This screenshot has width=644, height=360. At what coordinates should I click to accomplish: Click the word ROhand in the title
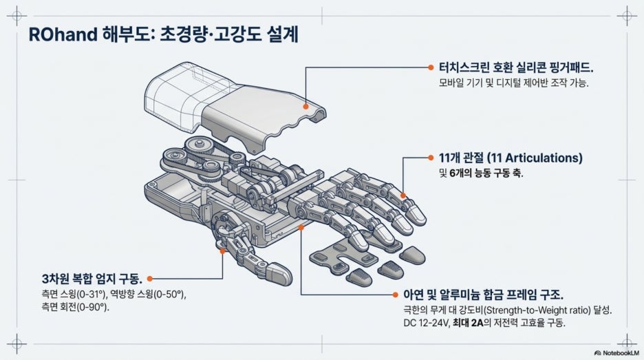pos(63,34)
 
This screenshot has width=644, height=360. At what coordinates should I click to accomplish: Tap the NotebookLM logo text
pos(620,352)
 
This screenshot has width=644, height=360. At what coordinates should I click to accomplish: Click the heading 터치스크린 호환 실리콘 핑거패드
pos(516,67)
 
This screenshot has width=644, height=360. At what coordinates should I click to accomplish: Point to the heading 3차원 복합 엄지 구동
pos(92,279)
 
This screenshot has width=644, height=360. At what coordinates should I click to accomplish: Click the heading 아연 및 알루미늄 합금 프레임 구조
pos(483,294)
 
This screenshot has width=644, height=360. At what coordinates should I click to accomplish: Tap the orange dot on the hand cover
pos(305,107)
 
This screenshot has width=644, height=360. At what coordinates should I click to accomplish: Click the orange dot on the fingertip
pos(403,195)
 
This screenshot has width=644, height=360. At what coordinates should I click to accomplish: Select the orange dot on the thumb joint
pos(222,251)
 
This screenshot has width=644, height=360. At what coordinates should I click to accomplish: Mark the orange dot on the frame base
pos(301,227)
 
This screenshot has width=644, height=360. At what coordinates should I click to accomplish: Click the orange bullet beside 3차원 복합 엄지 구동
pos(149,279)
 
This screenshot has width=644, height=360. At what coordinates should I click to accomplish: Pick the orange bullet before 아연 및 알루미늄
pos(395,295)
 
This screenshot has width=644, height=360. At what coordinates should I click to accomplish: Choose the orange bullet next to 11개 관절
pos(431,158)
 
